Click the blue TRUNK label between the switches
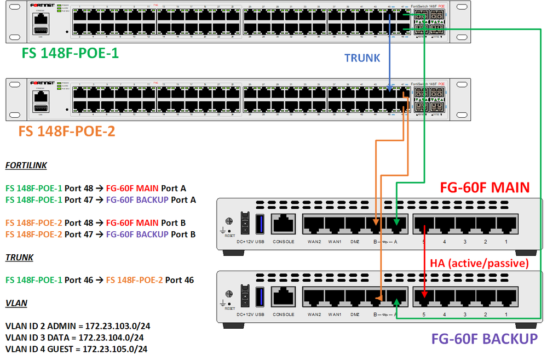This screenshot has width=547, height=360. (x=362, y=58)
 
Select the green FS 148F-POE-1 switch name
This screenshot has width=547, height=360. (x=70, y=54)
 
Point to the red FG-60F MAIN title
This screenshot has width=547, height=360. (x=485, y=188)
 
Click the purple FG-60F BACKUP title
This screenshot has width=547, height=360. (x=485, y=338)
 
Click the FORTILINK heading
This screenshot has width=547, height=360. (x=26, y=165)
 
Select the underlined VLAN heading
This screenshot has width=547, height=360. (x=16, y=302)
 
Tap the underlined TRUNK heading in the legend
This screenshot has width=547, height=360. (x=19, y=257)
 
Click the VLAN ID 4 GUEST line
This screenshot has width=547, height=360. (x=76, y=348)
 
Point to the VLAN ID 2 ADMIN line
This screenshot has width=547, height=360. (x=77, y=326)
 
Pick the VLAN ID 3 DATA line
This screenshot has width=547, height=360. (x=74, y=338)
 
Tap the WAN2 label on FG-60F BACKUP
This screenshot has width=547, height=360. (x=314, y=315)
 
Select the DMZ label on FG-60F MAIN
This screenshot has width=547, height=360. (x=355, y=242)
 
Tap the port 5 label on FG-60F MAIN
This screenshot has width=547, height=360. (x=424, y=242)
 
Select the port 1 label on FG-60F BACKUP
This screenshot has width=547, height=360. (x=506, y=315)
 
